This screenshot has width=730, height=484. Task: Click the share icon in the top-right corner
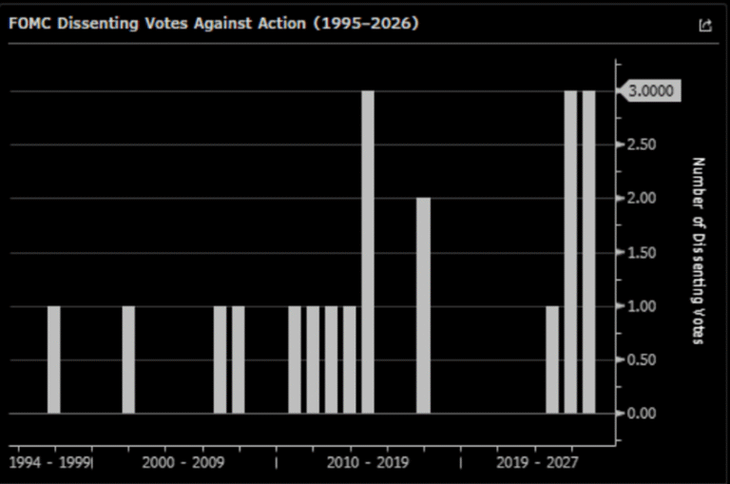705,25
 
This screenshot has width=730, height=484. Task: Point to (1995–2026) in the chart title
366,23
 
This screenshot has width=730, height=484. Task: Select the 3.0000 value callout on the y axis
650,91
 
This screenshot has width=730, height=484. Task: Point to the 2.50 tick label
642,145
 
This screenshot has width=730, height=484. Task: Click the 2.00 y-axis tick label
642,198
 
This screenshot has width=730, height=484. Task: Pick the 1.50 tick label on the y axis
642,253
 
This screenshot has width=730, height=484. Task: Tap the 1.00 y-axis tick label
642,306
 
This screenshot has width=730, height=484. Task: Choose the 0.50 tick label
642,360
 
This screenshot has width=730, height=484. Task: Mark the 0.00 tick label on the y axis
642,414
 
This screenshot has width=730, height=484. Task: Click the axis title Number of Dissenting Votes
698,251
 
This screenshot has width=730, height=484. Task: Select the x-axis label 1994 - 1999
49,462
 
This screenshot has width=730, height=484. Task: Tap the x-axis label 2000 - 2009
182,462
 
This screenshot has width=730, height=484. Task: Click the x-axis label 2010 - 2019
368,462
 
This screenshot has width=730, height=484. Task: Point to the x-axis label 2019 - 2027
537,462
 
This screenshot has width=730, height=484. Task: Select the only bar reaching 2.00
423,305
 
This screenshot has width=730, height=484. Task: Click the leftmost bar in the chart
54,359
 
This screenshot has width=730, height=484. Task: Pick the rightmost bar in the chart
589,252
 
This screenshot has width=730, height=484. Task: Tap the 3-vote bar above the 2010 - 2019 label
368,252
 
